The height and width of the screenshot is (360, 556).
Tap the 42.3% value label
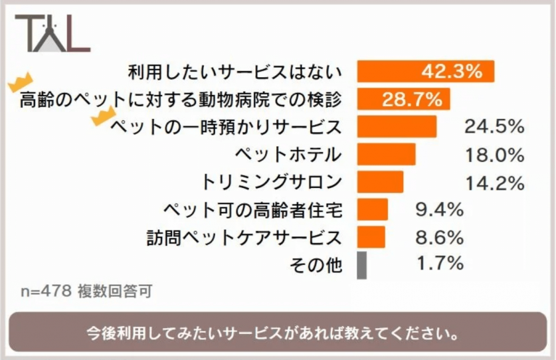pos(451,72)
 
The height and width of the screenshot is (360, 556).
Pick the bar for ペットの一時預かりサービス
pos(397,126)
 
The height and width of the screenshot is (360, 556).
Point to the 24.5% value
pos(494,126)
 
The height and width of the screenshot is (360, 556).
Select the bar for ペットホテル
pos(386,154)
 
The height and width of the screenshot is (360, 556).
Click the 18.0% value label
pos(494,155)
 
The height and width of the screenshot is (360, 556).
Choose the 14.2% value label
pos(494,182)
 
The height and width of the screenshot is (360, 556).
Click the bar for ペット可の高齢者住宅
pos(372,209)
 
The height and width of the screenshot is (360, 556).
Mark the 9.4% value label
pos(438,210)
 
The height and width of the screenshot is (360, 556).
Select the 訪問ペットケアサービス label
pos(244,237)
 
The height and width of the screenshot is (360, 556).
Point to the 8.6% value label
pos(438,237)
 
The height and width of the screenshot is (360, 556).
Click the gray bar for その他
pos(361,265)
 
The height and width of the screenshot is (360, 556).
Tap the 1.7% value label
pos(438,264)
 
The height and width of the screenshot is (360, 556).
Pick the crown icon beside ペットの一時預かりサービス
pos(104,117)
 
